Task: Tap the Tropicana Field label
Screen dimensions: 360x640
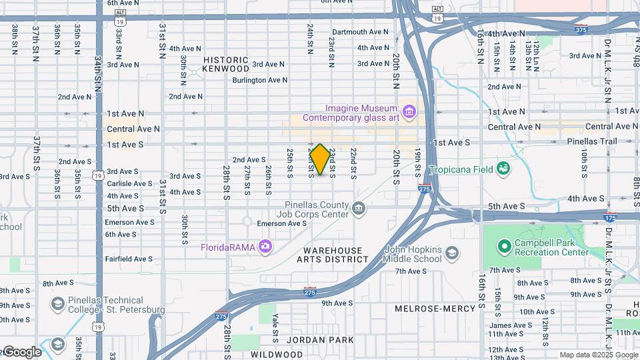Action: (x=461, y=169)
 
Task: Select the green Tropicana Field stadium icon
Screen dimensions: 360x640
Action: (x=503, y=169)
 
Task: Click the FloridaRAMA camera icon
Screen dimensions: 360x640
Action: (x=265, y=247)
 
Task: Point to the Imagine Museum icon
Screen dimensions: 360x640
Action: (x=409, y=109)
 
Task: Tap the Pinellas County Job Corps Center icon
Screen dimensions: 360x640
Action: (x=359, y=209)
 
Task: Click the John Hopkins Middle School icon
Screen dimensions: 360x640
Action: (x=452, y=253)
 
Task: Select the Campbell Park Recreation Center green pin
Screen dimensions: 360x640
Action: (x=504, y=246)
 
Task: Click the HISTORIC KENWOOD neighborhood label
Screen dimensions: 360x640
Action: (x=226, y=64)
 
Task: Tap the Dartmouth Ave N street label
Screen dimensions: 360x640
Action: (x=360, y=32)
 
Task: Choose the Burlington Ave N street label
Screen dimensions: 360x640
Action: (x=259, y=80)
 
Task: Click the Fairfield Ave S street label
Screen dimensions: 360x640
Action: (x=129, y=259)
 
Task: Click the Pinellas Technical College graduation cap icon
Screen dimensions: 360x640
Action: (x=57, y=305)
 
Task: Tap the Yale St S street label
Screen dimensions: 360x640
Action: (x=275, y=323)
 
